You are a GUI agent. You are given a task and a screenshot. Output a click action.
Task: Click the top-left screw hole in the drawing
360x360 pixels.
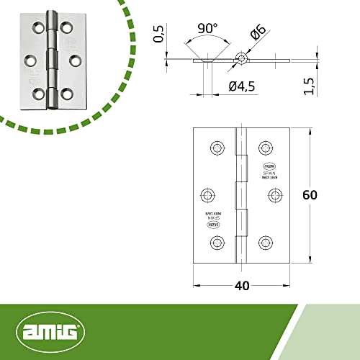click(x=216, y=148)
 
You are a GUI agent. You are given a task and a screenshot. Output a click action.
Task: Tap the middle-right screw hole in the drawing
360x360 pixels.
click(x=274, y=195)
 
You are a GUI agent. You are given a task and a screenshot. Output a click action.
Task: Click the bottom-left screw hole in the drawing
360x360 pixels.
click(x=216, y=242)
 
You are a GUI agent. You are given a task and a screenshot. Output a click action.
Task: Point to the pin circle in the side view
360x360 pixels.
click(x=242, y=58)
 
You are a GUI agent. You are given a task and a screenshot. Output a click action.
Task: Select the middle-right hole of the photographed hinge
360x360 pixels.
click(x=73, y=60)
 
